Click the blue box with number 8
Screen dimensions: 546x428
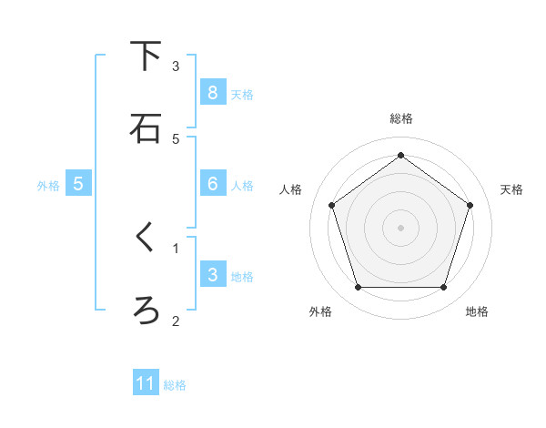pyautogui.click(x=212, y=93)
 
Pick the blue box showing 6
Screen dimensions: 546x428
pyautogui.click(x=212, y=184)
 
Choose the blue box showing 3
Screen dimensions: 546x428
pyautogui.click(x=212, y=275)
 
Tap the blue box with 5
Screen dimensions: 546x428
pyautogui.click(x=78, y=184)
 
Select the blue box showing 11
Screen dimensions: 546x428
pyautogui.click(x=146, y=383)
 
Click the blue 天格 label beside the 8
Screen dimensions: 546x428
pyautogui.click(x=242, y=94)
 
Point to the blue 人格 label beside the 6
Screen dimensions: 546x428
pyautogui.click(x=242, y=186)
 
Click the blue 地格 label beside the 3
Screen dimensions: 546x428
pyautogui.click(x=242, y=277)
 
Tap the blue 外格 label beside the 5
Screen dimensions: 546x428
pyautogui.click(x=48, y=186)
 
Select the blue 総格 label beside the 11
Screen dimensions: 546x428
pyautogui.click(x=175, y=385)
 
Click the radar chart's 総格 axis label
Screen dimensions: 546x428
pyautogui.click(x=401, y=119)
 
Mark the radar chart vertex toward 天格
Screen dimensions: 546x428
pyautogui.click(x=470, y=205)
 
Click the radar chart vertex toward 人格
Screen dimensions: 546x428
pyautogui.click(x=331, y=205)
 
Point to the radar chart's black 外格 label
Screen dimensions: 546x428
pyautogui.click(x=320, y=312)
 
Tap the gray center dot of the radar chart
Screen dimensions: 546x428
pyautogui.click(x=401, y=227)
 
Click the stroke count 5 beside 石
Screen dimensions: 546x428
pyautogui.click(x=176, y=138)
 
